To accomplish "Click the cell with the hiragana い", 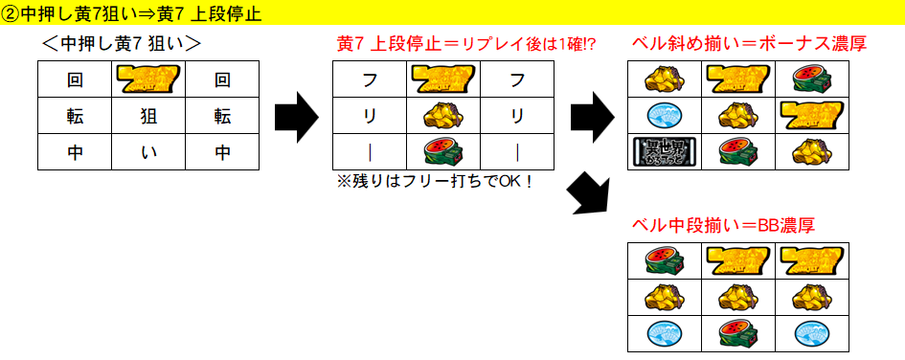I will pyautogui.click(x=148, y=151).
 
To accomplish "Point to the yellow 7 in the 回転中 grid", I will pyautogui.click(x=148, y=79).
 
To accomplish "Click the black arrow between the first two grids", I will pyautogui.click(x=296, y=116).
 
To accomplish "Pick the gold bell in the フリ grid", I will pyautogui.click(x=443, y=116).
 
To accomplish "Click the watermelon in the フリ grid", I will pyautogui.click(x=443, y=151).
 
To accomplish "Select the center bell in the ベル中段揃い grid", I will pyautogui.click(x=739, y=296).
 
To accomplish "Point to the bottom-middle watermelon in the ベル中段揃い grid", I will pyautogui.click(x=739, y=332).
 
